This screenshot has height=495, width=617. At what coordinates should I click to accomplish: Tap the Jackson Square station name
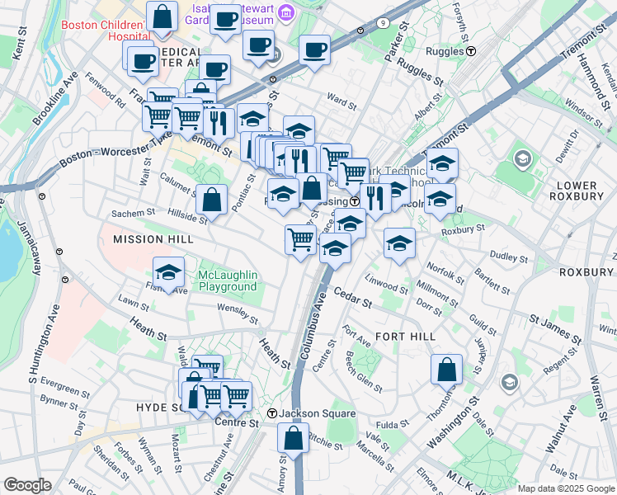[x=317, y=413]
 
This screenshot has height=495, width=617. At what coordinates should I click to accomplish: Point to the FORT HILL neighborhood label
[x=404, y=337]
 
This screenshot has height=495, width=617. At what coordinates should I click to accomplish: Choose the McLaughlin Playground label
[x=228, y=280]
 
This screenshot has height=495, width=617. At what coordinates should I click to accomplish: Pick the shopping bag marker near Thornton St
[x=446, y=371]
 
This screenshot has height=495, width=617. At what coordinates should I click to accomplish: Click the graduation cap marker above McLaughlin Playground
[x=169, y=273]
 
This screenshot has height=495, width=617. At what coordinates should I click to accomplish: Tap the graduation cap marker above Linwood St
[x=400, y=244]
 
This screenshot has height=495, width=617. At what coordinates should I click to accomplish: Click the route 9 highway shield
[x=385, y=22]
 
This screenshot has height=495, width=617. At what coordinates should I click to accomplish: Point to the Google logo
[x=28, y=485]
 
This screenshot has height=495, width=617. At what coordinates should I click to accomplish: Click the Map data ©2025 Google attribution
[x=565, y=488]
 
